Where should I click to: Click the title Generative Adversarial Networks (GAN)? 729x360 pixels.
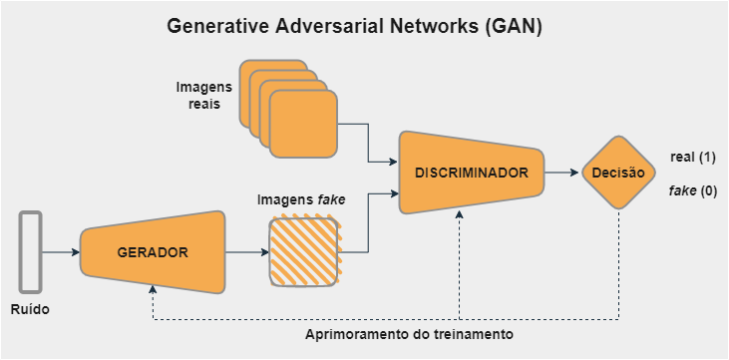coord(355,27)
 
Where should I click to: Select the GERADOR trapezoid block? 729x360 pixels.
coord(153,252)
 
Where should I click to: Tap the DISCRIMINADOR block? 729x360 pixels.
coord(471,173)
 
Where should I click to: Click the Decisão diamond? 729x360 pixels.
coord(617,173)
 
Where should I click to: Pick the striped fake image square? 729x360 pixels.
coord(303,252)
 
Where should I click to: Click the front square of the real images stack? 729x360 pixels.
coord(302,125)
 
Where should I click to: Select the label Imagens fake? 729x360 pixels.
coord(301,199)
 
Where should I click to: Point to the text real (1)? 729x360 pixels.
coord(694,158)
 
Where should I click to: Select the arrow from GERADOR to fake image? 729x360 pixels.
coord(246,252)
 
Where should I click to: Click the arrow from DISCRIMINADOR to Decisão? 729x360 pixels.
coord(563,173)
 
